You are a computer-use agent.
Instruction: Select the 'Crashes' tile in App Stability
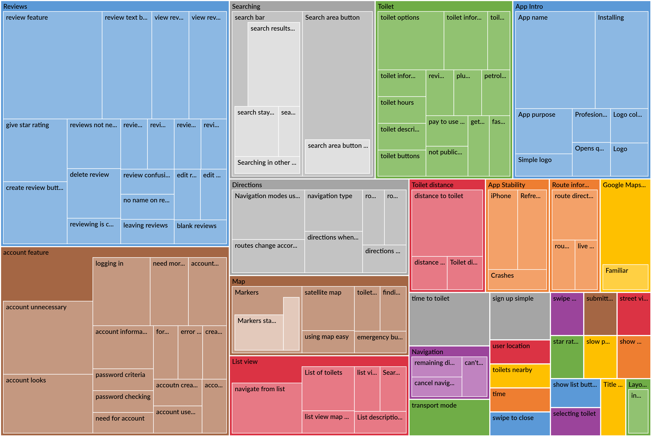point(517,279)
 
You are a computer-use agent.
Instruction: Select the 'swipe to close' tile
point(520,423)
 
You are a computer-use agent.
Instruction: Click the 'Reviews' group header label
point(15,6)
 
